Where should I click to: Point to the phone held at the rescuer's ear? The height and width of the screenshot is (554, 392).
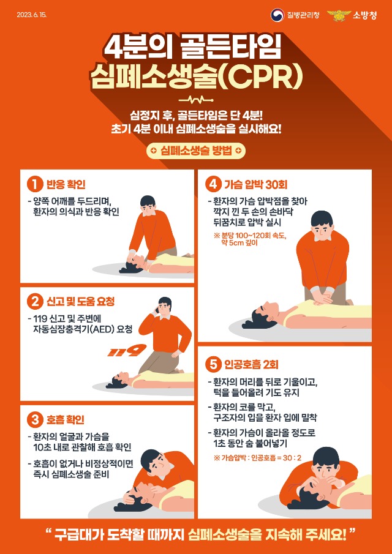(157, 311)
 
